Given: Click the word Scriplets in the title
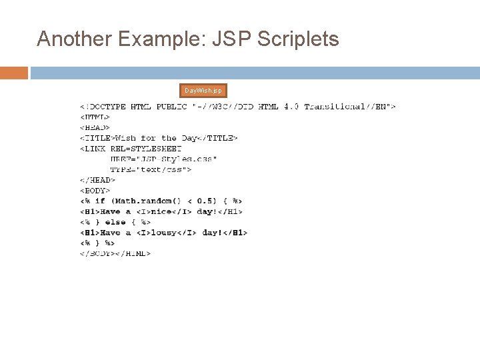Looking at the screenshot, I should [297, 39].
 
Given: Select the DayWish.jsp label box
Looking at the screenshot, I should [204, 91].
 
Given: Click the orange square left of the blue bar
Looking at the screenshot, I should [14, 73].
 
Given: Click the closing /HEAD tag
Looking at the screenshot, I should [98, 180].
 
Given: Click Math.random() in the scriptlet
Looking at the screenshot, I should [143, 201].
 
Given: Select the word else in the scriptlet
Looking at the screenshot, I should [115, 222].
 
